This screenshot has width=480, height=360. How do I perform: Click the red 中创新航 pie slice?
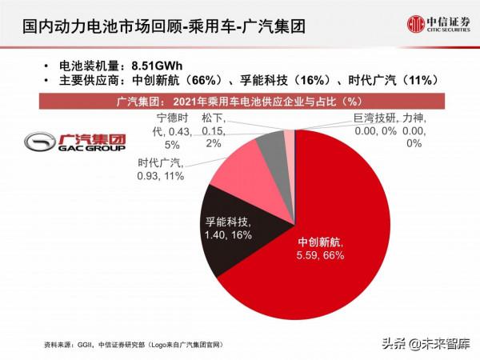tap(336, 240)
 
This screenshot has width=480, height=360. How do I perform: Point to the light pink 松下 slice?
tap(289, 138)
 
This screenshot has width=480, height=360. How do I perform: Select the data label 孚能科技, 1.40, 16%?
tap(226, 230)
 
